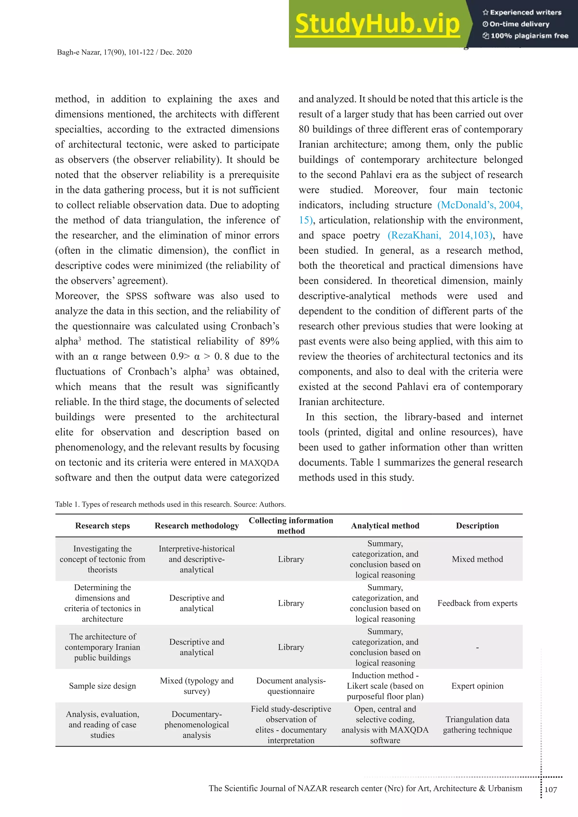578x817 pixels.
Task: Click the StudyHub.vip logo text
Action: [377, 24]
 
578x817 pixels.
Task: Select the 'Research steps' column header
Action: [102, 526]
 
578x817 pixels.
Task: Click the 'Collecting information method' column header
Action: [291, 526]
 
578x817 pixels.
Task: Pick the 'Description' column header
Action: [477, 526]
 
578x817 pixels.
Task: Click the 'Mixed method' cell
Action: [477, 559]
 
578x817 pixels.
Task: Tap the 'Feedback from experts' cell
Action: [477, 603]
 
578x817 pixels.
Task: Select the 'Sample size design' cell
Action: [102, 686]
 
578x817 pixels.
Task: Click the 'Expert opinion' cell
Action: [477, 686]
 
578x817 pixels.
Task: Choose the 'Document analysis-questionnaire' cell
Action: [291, 686]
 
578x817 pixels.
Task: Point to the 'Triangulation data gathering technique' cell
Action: [477, 724]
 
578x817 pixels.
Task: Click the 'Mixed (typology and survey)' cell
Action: [196, 686]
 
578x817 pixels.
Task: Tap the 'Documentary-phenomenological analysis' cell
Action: [196, 724]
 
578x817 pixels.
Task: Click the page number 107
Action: [551, 790]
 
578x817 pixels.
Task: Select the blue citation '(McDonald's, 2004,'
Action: [480, 205]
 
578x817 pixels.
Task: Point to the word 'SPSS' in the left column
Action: [136, 296]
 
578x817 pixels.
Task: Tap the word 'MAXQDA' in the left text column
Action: [259, 463]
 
